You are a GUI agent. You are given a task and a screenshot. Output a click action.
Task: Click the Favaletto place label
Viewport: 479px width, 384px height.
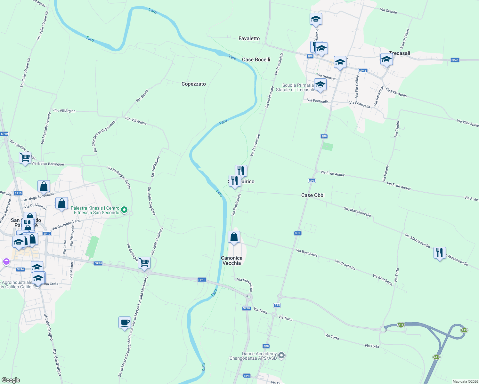(249, 38)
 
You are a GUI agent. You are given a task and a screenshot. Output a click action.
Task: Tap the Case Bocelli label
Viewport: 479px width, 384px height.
(256, 60)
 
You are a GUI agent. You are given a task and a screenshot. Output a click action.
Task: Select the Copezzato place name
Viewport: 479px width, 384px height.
(194, 84)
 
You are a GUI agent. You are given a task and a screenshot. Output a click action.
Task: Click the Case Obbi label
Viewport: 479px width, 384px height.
(313, 195)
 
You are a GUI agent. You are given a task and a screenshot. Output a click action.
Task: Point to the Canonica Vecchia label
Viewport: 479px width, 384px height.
(231, 260)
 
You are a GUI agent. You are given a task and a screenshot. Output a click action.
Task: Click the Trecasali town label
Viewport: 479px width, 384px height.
(400, 53)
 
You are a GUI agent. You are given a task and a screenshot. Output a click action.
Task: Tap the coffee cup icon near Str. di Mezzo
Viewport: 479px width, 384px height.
(125, 323)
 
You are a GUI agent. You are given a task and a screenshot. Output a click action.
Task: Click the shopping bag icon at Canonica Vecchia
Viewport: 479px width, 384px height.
(234, 237)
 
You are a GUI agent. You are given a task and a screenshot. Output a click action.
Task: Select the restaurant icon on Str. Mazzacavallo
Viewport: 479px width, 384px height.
(440, 253)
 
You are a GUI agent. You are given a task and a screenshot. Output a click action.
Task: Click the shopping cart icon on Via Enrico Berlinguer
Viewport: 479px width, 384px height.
(25, 157)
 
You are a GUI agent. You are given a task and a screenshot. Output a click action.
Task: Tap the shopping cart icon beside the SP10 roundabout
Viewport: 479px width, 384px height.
(144, 263)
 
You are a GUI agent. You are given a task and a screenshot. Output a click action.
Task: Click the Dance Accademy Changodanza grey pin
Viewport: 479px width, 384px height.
(281, 355)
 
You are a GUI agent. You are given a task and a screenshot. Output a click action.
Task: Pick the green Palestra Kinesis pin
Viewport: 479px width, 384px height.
(124, 210)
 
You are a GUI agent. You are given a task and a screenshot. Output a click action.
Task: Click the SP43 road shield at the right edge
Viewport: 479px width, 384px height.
(455, 60)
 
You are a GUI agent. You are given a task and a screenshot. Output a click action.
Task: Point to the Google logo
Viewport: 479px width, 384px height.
(11, 380)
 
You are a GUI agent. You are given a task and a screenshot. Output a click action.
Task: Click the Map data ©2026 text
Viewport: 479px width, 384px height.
(464, 381)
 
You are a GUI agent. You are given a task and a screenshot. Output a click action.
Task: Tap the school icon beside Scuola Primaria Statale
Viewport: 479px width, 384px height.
(320, 85)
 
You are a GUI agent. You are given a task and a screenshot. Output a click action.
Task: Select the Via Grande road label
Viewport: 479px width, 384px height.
(388, 11)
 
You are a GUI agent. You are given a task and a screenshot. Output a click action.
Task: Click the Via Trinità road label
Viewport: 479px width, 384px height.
(397, 129)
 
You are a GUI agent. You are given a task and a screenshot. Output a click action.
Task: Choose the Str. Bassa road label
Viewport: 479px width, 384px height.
(142, 96)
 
